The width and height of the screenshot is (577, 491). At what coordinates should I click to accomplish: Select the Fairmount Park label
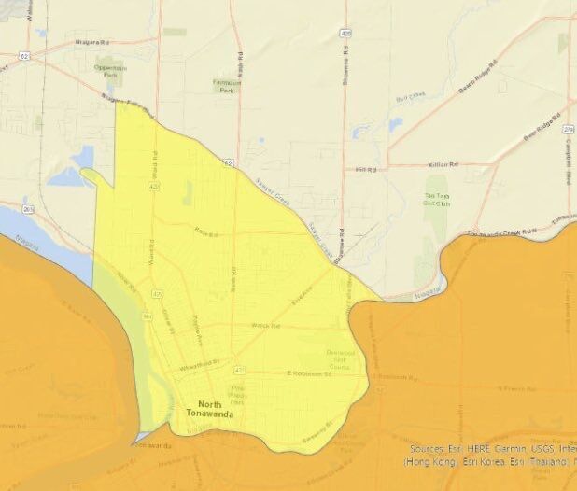pos(224,86)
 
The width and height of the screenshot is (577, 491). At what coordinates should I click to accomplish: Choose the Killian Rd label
pos(443,164)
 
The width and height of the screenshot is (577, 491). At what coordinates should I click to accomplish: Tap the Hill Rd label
pos(364,170)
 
